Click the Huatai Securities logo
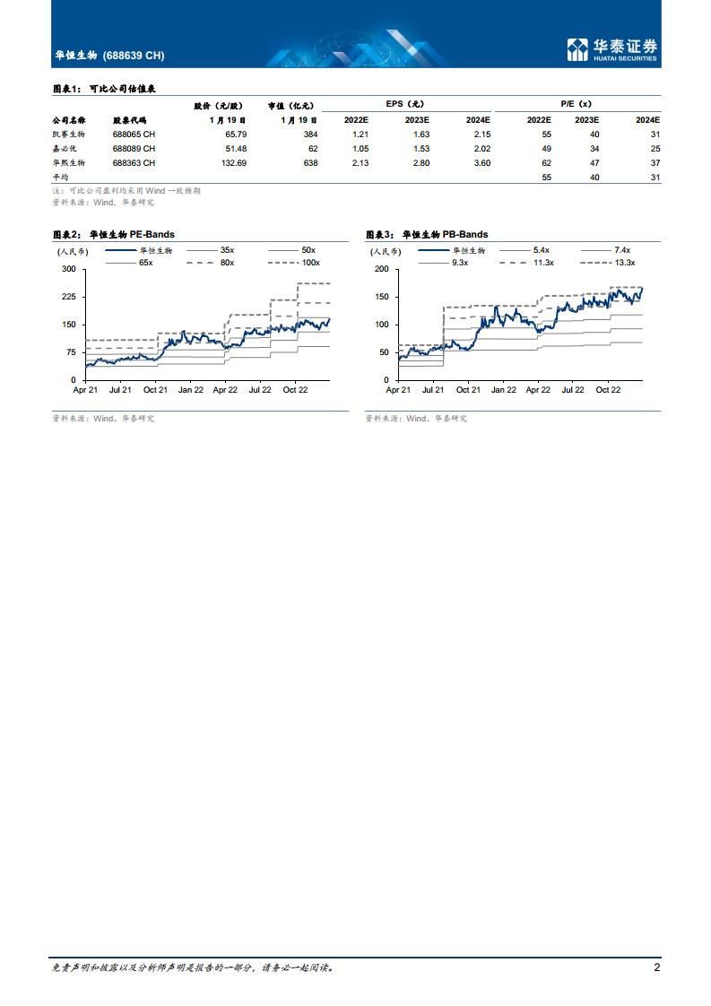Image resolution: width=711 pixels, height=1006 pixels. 612,50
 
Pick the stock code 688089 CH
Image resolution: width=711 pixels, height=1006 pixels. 134,148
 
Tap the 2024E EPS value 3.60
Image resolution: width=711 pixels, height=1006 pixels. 481,163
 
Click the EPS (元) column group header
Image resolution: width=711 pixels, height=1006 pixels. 404,104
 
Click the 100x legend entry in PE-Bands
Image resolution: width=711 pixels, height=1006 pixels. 310,262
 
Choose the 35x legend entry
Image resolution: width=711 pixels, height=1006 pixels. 226,250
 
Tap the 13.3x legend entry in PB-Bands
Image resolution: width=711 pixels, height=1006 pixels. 624,262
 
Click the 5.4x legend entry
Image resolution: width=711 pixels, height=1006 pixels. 541,250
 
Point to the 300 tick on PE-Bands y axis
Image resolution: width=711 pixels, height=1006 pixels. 68,269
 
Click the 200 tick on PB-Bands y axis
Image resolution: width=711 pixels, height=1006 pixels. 381,269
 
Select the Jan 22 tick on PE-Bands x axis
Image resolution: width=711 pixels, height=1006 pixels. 190,390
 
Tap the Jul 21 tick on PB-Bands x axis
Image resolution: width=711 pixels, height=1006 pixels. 432,390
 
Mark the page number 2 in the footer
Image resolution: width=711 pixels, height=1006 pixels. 657,967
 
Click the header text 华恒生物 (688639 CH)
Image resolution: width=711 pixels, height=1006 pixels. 109,56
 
